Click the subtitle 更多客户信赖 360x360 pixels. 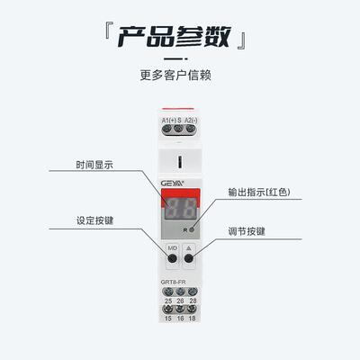[179, 76]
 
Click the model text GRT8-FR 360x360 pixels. [175, 283]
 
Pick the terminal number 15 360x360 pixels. [166, 321]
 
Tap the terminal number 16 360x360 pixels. [180, 321]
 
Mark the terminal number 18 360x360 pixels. [193, 321]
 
